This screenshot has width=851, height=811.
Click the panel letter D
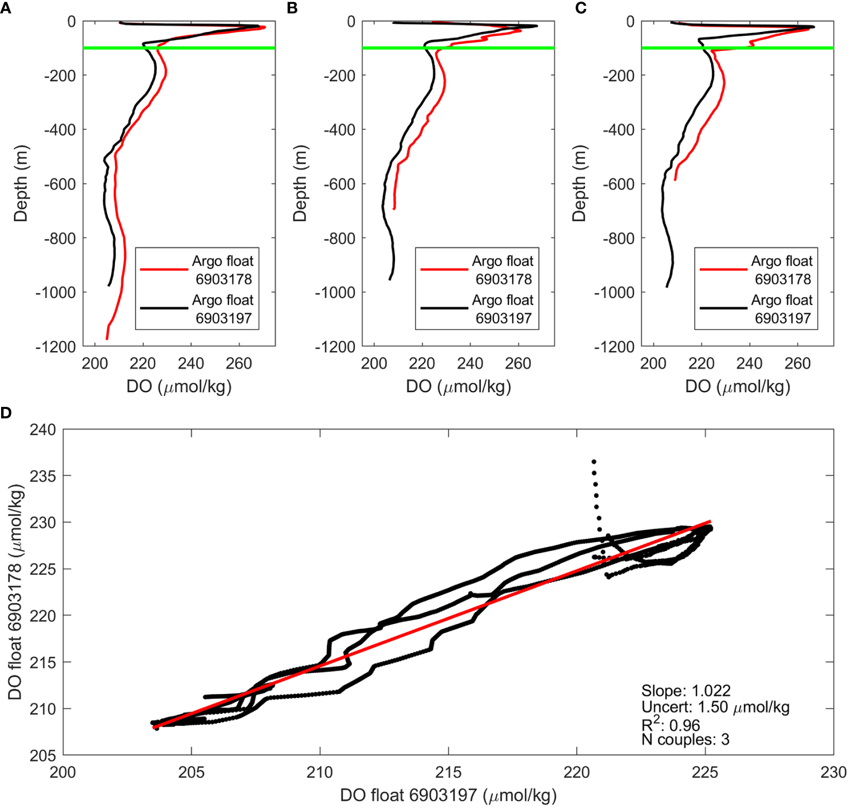coord(6,413)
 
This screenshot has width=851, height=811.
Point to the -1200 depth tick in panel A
coord(55,347)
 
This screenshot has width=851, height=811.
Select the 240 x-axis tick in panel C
coord(749,363)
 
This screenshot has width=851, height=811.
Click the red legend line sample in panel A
coord(164,269)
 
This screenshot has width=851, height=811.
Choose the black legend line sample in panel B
coord(444,308)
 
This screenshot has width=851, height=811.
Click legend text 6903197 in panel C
coord(782,319)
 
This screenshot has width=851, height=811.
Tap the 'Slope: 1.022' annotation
coord(686,691)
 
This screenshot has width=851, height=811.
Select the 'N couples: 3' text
coord(685,740)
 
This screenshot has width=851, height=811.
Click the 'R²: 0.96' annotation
coord(670,724)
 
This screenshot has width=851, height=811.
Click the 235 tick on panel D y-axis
coord(43,476)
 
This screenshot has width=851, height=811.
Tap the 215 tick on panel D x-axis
coord(448,772)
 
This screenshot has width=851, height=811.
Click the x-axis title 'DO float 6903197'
coord(448,796)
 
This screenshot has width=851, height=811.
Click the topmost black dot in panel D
coord(593,461)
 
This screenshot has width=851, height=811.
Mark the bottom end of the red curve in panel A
coord(107,338)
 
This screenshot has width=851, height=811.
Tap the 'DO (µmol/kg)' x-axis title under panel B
coord(458,386)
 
